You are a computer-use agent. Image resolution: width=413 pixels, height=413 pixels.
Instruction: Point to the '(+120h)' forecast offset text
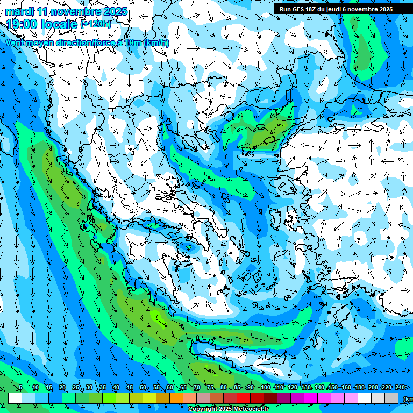[x=96, y=24]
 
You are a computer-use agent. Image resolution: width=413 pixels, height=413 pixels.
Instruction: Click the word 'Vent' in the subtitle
[x=16, y=43]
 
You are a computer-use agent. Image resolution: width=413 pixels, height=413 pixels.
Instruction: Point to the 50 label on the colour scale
[x=143, y=388]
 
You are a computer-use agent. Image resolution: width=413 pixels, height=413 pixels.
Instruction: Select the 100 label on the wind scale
[x=265, y=388]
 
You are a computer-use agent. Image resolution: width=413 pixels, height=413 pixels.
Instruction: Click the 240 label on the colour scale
[x=400, y=388]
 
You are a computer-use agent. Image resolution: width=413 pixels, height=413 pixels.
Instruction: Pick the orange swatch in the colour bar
[x=176, y=398]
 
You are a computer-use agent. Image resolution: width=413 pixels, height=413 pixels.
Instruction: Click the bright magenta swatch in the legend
[x=311, y=398]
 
